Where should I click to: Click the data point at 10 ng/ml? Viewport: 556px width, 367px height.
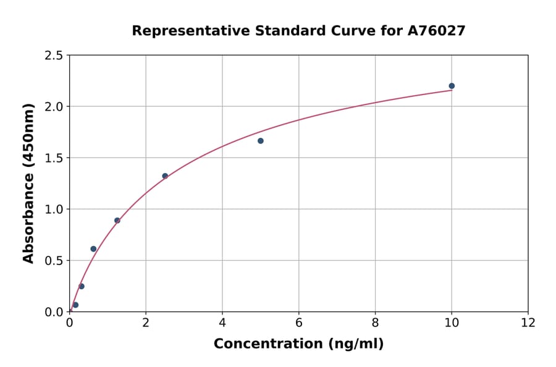coord(452,86)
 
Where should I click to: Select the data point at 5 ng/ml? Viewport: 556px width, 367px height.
coord(261,141)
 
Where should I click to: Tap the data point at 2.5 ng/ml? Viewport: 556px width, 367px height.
coord(165,176)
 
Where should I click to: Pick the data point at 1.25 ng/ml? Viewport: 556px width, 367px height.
coord(117,221)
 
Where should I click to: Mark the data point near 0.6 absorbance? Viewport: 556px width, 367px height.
coord(93,249)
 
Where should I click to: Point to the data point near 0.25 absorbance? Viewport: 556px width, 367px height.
coord(82,286)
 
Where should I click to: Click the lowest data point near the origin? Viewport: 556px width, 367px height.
coord(75,305)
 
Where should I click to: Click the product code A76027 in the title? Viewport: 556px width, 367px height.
coord(436,30)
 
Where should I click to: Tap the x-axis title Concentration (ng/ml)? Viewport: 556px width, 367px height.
coord(298,344)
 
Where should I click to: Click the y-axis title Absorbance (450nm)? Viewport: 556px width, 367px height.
coord(28,183)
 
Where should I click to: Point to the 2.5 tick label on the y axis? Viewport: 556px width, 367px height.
coord(53,56)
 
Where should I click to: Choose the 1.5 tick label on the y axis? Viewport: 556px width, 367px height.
coord(53,158)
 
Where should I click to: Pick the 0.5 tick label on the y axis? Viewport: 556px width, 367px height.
coord(53,261)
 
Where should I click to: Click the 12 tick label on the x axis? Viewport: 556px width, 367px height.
coord(528,323)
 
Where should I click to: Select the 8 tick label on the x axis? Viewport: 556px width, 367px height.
coord(375,323)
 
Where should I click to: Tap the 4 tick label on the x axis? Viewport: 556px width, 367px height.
coord(222,323)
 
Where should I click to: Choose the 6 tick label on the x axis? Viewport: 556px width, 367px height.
coord(299,323)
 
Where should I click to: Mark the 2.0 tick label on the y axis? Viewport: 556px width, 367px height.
coord(53,107)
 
